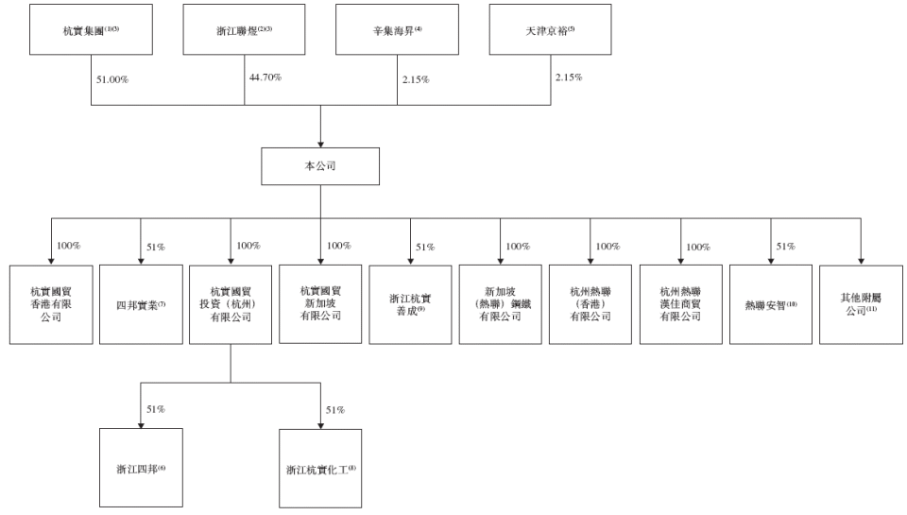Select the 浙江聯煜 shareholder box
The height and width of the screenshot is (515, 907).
tap(244, 29)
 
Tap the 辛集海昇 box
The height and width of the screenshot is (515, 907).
tap(397, 29)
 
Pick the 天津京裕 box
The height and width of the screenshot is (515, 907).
tap(550, 29)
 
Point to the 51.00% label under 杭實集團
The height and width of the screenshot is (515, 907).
tap(111, 79)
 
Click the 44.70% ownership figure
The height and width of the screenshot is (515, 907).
tap(265, 77)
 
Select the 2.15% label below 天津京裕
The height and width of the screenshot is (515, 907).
tap(567, 77)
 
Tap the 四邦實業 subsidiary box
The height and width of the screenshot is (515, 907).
tap(141, 304)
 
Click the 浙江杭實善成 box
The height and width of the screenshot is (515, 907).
tap(410, 304)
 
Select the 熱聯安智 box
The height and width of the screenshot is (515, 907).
tap(770, 304)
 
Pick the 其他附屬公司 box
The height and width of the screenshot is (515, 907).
tap(861, 304)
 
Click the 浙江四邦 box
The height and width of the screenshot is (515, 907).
tap(141, 468)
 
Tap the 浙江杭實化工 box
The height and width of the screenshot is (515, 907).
tap(320, 468)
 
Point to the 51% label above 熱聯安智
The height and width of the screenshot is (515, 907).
tap(786, 246)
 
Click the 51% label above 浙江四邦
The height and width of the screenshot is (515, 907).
tap(156, 409)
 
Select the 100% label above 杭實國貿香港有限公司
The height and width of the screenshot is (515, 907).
tap(68, 246)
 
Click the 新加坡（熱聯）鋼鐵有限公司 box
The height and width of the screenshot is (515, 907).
tap(500, 304)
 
